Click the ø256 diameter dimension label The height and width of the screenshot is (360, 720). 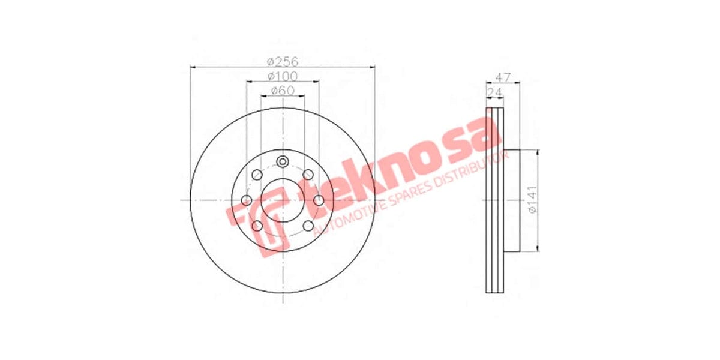[283, 61]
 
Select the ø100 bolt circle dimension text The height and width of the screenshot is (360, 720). [283, 76]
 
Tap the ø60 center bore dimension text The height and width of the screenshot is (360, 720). [282, 91]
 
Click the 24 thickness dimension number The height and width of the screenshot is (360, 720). [496, 92]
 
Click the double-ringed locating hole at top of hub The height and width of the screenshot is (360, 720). [283, 161]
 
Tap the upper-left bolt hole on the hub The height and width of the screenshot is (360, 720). [257, 175]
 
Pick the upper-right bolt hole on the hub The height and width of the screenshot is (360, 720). [308, 175]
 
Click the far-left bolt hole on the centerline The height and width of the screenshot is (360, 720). [246, 200]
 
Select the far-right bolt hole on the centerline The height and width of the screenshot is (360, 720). [319, 200]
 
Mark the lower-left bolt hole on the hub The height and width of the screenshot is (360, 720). [257, 226]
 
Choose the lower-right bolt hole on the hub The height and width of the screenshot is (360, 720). [308, 226]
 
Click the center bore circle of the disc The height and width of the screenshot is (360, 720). [282, 200]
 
